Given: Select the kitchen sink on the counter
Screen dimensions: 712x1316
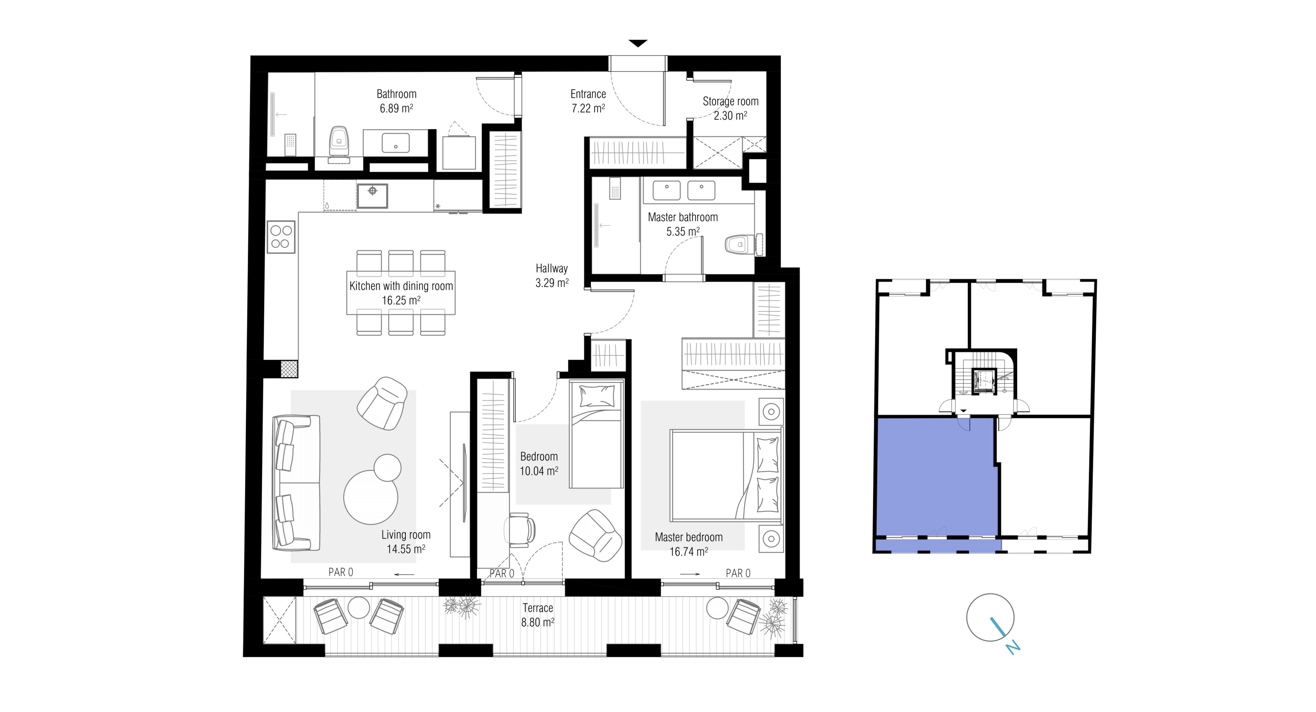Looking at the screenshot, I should [x=373, y=196].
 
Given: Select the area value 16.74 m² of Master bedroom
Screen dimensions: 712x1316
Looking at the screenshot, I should [x=688, y=551].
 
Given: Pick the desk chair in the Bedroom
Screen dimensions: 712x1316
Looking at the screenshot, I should [x=520, y=528].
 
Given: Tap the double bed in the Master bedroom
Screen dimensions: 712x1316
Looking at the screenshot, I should [x=726, y=476].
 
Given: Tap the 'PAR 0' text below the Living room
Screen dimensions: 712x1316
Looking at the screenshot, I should [x=341, y=572].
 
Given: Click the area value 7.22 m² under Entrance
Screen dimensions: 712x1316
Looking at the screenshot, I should [x=588, y=108].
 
